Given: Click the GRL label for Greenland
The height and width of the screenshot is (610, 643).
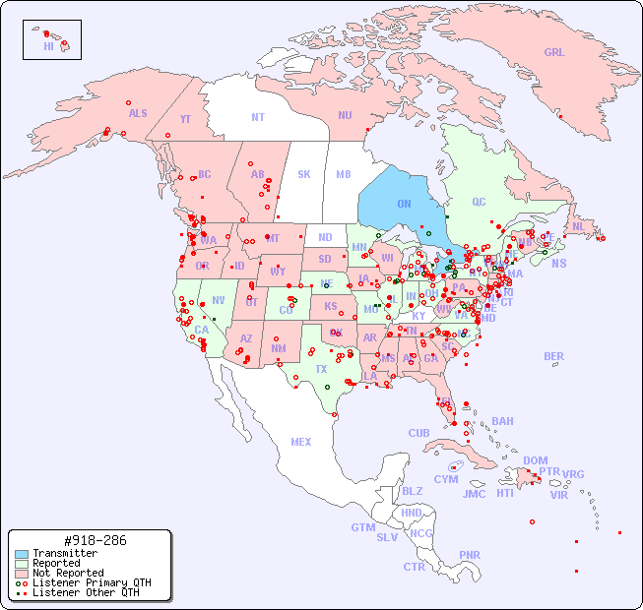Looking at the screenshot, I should coord(554,53).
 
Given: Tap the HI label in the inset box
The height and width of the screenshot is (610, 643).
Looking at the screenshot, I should coord(48,46).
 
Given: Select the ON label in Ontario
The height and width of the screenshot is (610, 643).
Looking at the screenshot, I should coord(404,204).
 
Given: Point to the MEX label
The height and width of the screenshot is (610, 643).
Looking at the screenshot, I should coord(301,442).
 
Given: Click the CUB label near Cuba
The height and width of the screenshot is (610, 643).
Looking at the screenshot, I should coord(418,433).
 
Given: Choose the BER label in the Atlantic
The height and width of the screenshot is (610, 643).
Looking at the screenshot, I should coord(553,356).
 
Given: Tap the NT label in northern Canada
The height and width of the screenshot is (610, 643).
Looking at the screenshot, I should coord(258,116).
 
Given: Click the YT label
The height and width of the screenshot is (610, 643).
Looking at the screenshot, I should coord(185,118).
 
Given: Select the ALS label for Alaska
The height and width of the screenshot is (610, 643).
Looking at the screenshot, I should coord(138,113).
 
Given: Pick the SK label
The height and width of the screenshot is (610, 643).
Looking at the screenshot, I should coord(304,174).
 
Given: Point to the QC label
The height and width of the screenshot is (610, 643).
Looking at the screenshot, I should coord(479,202).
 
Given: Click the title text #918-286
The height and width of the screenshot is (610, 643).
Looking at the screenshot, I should coord(94,540).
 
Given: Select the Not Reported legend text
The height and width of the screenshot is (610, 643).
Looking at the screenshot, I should coord(68,573).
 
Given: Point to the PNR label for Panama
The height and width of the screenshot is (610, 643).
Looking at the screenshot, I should coord(470,555).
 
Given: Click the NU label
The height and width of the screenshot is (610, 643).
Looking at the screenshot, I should coord(345,115).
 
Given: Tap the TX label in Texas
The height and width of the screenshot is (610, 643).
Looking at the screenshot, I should coord(321,369).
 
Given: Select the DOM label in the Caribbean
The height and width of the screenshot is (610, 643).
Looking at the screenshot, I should coord(535,460).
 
